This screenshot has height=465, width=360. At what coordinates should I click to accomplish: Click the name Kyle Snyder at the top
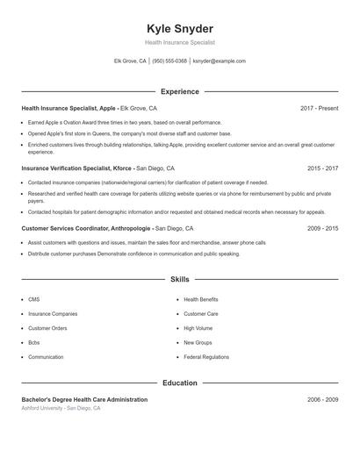[x=180, y=29]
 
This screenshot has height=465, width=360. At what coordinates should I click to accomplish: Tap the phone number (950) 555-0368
[x=169, y=61]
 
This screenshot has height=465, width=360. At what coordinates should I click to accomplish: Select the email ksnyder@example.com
[x=219, y=61]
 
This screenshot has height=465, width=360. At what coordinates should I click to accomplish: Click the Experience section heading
[x=180, y=91]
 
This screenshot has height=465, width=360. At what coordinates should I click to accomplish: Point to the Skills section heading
[x=180, y=280]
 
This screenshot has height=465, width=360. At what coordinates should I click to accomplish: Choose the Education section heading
[x=180, y=383]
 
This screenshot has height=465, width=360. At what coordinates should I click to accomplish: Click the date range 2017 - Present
[x=319, y=108]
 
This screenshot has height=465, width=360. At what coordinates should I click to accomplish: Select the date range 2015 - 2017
[x=322, y=168]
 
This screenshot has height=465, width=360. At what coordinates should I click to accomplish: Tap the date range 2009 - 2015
[x=322, y=227]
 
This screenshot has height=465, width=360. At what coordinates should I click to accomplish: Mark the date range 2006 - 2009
[x=322, y=399]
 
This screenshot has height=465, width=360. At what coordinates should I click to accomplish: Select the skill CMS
[x=33, y=299]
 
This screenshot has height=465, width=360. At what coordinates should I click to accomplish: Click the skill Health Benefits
[x=201, y=299]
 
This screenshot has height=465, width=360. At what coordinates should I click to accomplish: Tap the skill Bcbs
[x=34, y=342]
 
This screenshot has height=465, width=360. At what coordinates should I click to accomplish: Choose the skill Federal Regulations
[x=206, y=357]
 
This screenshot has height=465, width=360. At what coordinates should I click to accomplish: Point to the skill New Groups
[x=198, y=342]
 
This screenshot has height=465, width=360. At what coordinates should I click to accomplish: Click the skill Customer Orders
[x=47, y=328]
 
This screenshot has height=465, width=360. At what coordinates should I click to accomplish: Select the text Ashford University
[x=42, y=408]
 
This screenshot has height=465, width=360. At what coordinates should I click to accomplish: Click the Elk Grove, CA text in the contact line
[x=130, y=61]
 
